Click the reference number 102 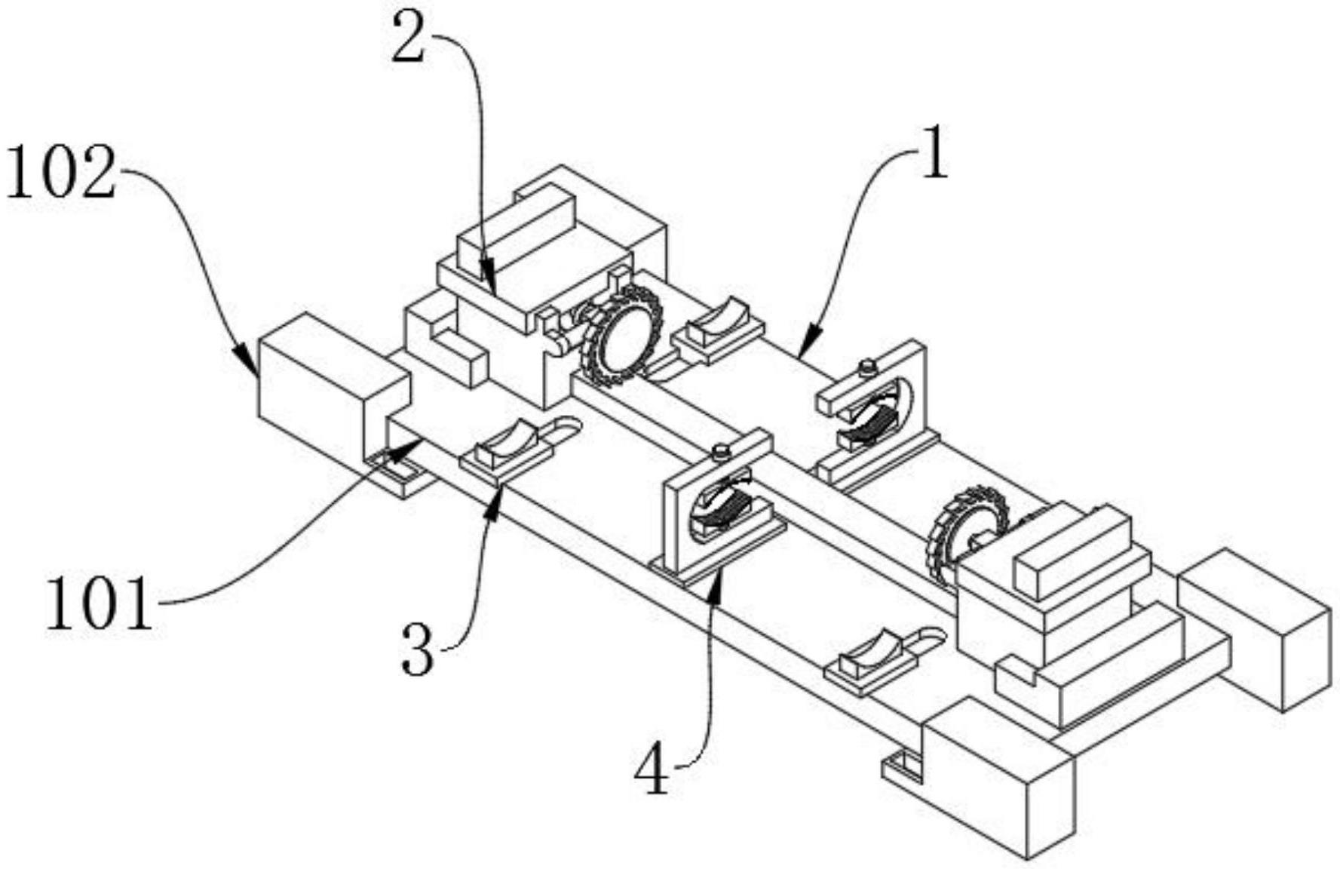[x=62, y=173]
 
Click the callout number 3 [x=418, y=649]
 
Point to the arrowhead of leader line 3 [x=495, y=502]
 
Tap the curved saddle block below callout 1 [x=716, y=325]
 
